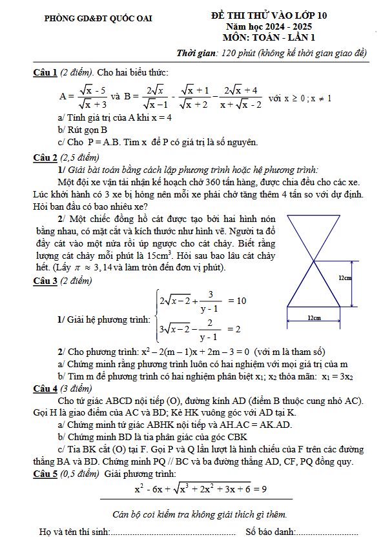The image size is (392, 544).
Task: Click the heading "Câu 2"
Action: click(x=45, y=157)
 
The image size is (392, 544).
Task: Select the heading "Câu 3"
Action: click(x=45, y=280)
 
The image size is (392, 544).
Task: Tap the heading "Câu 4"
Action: click(x=45, y=388)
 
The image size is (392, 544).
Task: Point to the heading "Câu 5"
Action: click(x=45, y=474)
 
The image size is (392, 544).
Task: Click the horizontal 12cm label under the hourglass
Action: click(x=314, y=317)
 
